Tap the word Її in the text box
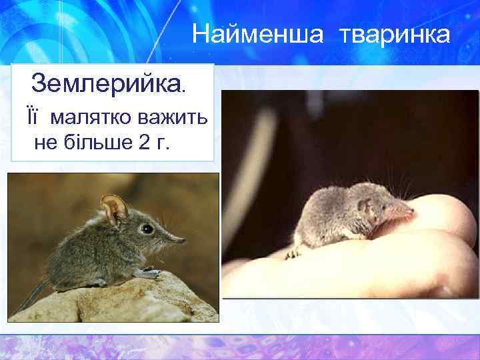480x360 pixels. [33, 118]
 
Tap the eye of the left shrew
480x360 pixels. [146, 228]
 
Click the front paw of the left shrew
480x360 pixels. [148, 272]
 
